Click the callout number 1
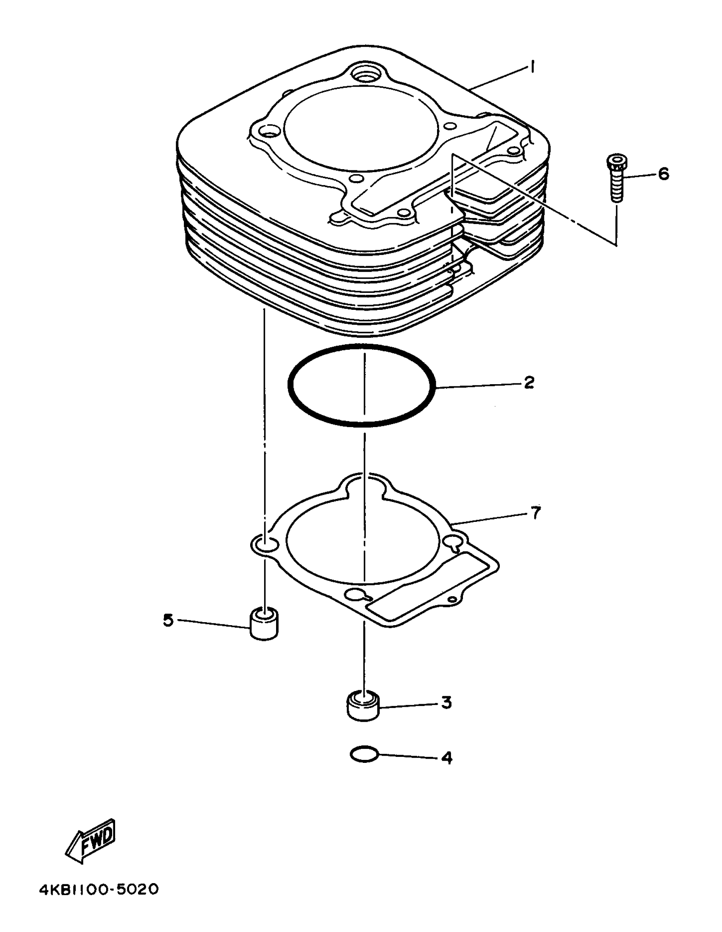pyautogui.click(x=533, y=67)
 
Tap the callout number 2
pyautogui.click(x=529, y=382)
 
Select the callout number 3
pyautogui.click(x=446, y=702)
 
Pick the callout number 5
pyautogui.click(x=169, y=620)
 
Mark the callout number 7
pyautogui.click(x=536, y=513)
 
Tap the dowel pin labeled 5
pyautogui.click(x=264, y=624)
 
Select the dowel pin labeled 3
pyautogui.click(x=364, y=707)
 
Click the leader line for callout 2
pyautogui.click(x=478, y=385)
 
